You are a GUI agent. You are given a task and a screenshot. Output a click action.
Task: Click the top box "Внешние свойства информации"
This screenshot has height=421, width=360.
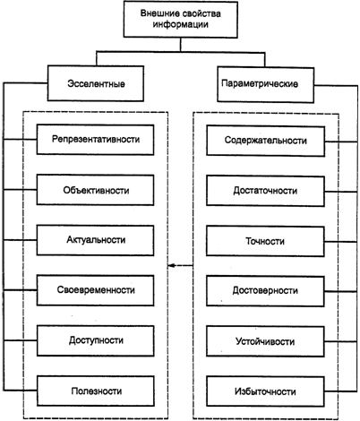tap(181, 20)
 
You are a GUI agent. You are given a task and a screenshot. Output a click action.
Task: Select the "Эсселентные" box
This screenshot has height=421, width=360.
tap(96, 83)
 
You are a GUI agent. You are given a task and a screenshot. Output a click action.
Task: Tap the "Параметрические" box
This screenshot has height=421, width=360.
tap(266, 85)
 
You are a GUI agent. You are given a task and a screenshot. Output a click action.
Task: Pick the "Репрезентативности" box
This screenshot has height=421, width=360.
tap(95, 140)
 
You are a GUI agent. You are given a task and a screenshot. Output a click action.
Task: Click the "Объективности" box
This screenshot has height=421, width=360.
tap(95, 190)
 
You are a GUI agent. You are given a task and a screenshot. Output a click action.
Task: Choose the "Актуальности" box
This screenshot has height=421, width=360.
tap(95, 240)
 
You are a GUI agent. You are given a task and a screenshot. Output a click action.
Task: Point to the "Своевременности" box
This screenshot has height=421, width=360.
tap(95, 290)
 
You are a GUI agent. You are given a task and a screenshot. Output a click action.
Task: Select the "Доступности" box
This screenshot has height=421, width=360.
tap(96, 340)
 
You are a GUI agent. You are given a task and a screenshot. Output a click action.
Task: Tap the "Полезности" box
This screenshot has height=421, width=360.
tap(96, 391)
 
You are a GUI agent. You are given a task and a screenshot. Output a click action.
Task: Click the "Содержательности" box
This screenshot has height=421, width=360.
tap(265, 141)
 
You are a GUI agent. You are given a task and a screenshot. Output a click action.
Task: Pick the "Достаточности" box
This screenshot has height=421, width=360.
tap(265, 191)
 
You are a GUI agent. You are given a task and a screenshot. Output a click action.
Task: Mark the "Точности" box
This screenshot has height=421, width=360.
tap(265, 241)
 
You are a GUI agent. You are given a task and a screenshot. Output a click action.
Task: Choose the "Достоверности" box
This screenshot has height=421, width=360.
tap(265, 291)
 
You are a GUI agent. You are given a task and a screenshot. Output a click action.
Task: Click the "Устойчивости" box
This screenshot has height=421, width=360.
tap(265, 341)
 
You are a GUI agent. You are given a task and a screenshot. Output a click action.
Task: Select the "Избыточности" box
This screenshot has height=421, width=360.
tap(265, 391)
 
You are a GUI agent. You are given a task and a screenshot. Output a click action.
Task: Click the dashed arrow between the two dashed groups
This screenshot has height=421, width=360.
tap(181, 265)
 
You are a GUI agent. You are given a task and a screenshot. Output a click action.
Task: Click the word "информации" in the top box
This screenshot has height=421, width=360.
tap(181, 24)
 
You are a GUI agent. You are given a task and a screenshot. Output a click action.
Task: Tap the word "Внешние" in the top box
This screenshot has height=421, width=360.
tap(156, 13)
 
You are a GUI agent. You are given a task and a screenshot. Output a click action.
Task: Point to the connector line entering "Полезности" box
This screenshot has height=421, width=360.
tap(21, 391)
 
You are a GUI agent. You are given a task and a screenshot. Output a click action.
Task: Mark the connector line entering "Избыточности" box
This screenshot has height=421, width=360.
tap(341, 391)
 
